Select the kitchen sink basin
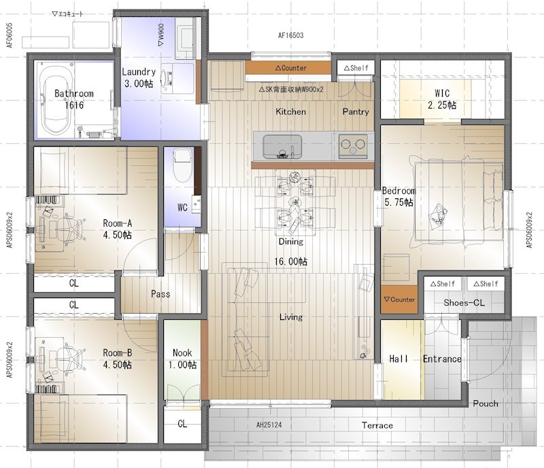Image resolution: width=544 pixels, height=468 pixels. [282, 146]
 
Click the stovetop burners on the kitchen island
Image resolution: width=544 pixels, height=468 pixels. [353, 146]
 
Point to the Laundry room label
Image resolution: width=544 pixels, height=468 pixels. [139, 77]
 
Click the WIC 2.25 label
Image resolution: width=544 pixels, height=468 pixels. [442, 98]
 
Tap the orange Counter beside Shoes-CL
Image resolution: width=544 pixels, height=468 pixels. [399, 300]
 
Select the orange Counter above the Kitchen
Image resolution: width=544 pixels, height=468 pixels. [288, 68]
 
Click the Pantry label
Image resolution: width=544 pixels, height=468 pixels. [356, 111]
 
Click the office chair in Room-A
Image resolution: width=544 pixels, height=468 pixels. [71, 229]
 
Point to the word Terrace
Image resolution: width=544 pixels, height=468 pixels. [377, 425]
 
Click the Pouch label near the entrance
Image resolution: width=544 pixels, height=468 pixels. [486, 403]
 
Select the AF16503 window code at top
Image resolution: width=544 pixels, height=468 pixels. [291, 35]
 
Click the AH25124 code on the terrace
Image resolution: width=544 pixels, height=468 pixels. [269, 425]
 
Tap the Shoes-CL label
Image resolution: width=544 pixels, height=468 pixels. [464, 303]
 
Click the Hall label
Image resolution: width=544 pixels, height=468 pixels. [398, 359]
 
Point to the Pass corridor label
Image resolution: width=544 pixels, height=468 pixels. [160, 294]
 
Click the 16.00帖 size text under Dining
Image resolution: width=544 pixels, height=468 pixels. [291, 262]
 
